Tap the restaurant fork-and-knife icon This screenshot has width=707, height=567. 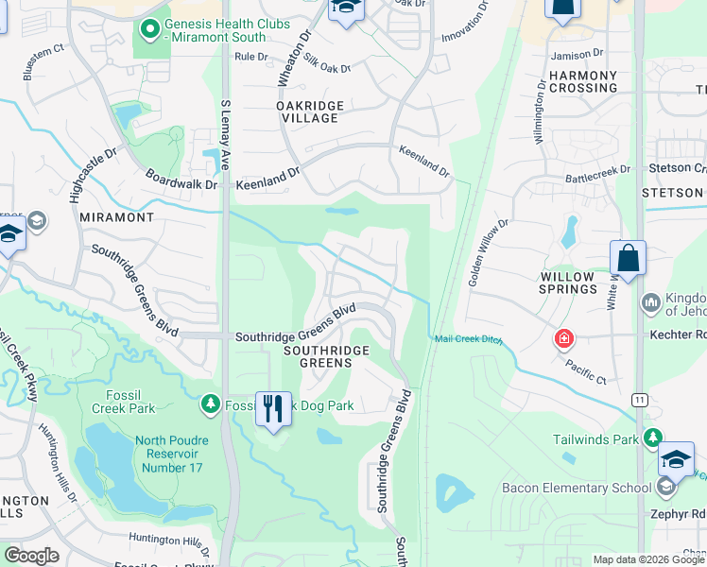pyautogui.click(x=273, y=410)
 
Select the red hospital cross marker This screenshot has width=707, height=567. pyautogui.click(x=564, y=338)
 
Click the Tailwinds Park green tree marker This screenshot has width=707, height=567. pyautogui.click(x=652, y=438)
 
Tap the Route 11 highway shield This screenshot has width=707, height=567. pyautogui.click(x=640, y=400)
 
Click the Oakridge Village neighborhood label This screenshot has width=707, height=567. pyautogui.click(x=307, y=112)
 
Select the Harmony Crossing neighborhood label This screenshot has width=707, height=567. pyautogui.click(x=582, y=81)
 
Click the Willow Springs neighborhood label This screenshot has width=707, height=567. pyautogui.click(x=567, y=283)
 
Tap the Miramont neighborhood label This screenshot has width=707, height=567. pyautogui.click(x=117, y=217)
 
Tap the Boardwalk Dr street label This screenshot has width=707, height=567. pyautogui.click(x=181, y=179)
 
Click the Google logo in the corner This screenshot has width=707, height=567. pyautogui.click(x=32, y=556)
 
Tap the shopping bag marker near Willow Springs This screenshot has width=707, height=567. pyautogui.click(x=628, y=259)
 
